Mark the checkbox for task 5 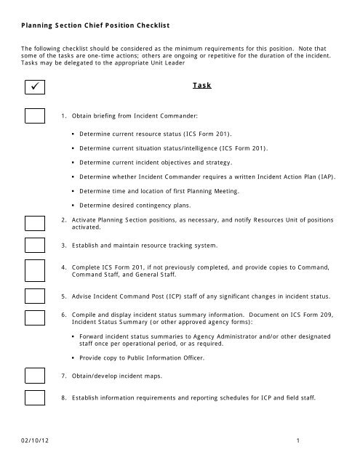(x=36, y=296)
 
